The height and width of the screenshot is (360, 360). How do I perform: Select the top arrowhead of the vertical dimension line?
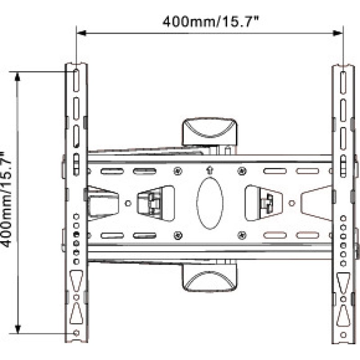[18, 76]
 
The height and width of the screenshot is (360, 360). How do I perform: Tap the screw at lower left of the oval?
[178, 234]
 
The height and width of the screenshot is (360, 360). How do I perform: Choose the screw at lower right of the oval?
[242, 234]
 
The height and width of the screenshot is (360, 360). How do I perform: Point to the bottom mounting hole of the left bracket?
[76, 333]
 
